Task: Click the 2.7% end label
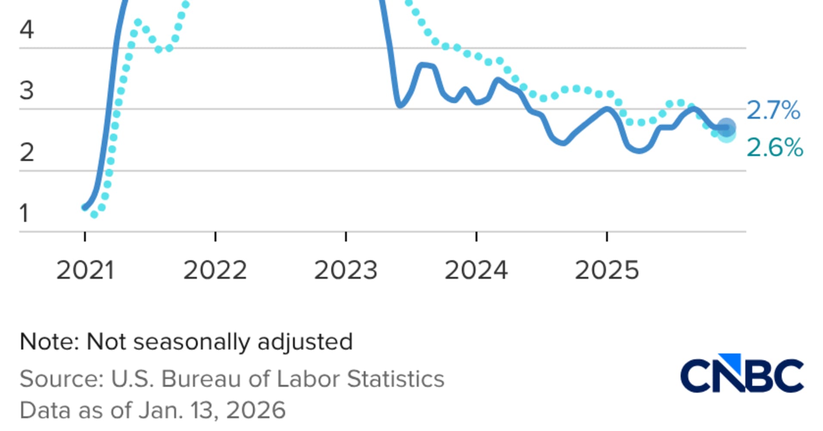[773, 110]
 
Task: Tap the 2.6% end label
[774, 148]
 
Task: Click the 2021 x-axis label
[85, 271]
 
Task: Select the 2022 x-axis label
[215, 271]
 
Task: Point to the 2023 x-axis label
[346, 271]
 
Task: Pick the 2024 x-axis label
[476, 271]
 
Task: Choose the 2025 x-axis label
[607, 271]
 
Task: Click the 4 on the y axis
[27, 30]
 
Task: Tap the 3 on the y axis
[27, 91]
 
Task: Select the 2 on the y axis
[27, 153]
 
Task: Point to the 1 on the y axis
[24, 213]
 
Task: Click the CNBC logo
[742, 374]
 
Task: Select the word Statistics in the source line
[395, 379]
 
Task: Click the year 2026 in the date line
[256, 410]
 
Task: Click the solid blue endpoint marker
[726, 128]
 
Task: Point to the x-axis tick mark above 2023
[346, 237]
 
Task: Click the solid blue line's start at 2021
[85, 208]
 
